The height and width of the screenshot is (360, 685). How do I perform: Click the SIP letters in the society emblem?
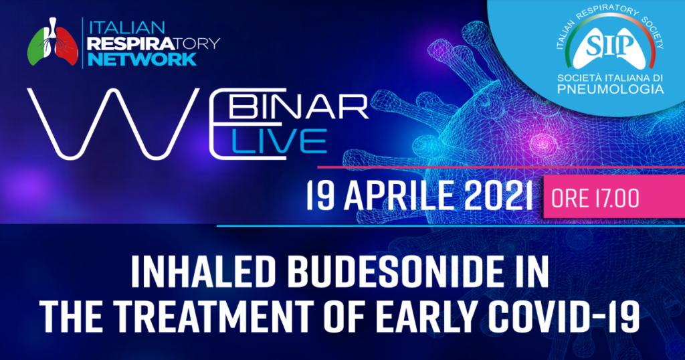click(596, 46)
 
